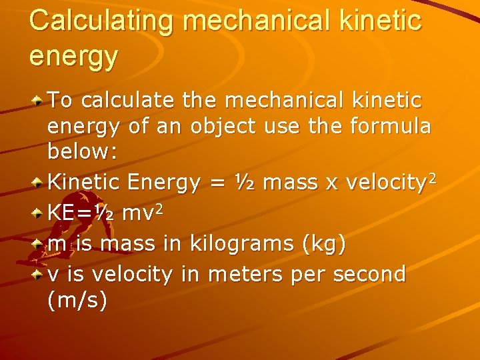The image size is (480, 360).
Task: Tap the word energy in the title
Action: tap(73, 56)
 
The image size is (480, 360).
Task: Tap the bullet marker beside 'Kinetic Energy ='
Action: tap(39, 183)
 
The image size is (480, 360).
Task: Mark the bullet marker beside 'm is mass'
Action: tap(39, 244)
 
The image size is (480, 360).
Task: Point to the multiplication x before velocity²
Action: tap(329, 183)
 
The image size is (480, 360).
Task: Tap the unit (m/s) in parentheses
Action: tap(77, 300)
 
